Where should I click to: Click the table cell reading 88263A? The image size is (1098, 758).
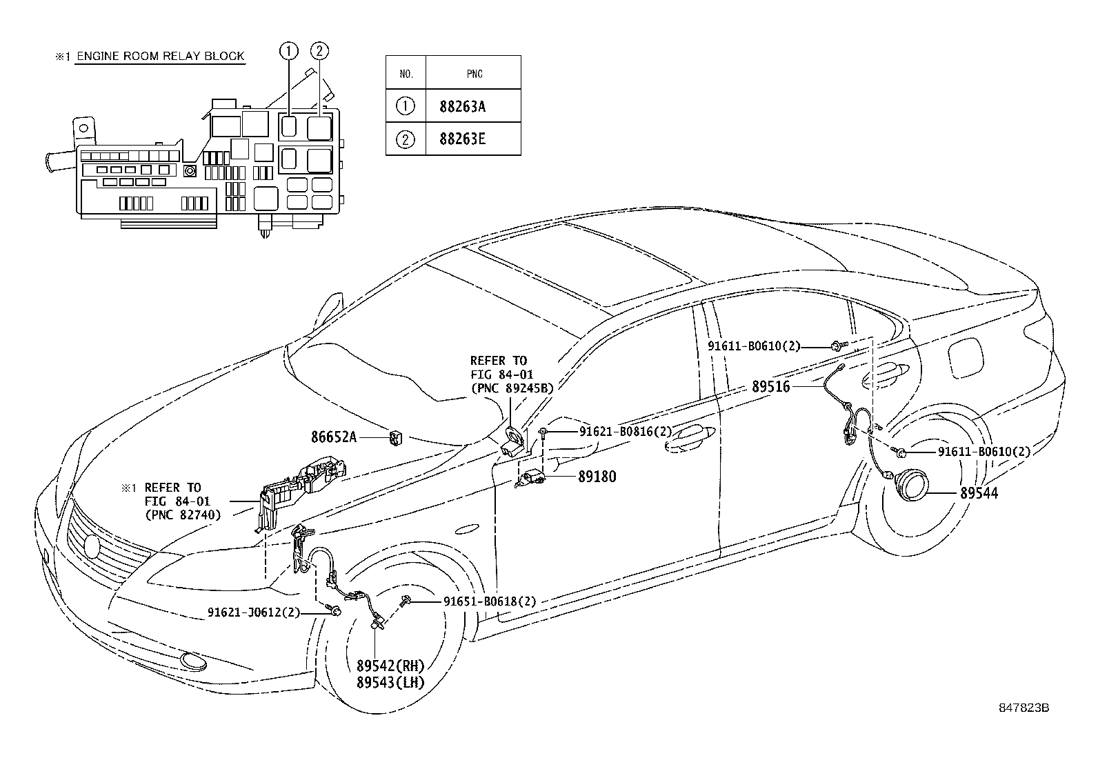pos(462,106)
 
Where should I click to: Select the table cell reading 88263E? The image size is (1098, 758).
pos(462,139)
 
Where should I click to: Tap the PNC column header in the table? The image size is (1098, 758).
pos(474,74)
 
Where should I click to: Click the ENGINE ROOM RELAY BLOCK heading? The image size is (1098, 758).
pos(159,57)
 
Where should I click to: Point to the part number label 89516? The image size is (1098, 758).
pos(770,387)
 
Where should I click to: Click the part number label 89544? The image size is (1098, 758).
pos(979,493)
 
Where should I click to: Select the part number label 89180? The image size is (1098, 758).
pos(597,477)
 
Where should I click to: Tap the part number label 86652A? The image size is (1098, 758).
pos(334,437)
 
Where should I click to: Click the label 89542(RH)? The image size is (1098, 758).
pos(390,666)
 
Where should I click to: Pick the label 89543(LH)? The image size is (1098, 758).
pos(390,682)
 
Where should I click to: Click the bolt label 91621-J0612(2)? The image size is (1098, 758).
pos(254,612)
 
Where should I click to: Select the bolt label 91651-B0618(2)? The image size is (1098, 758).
pos(489,601)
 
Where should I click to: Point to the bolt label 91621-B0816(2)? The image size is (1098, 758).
pos(625,431)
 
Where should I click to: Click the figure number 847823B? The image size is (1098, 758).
pos(1024,708)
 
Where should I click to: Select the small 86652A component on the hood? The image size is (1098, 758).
pos(397,437)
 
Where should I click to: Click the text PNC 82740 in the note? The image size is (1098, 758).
pos(182,514)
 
